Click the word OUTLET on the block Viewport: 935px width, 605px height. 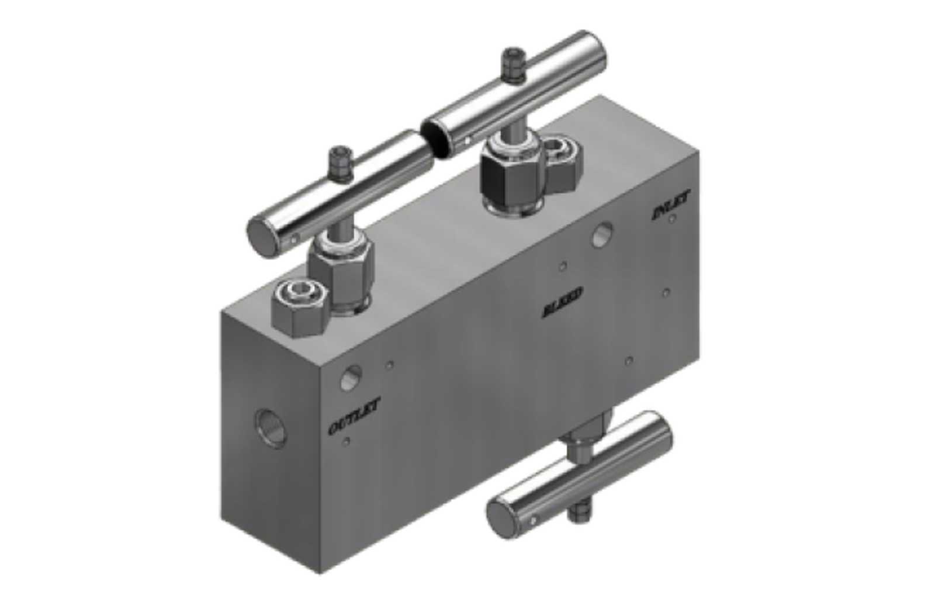coord(354,417)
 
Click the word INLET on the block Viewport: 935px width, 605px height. coord(670,206)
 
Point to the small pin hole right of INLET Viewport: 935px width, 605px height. coord(673,219)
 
